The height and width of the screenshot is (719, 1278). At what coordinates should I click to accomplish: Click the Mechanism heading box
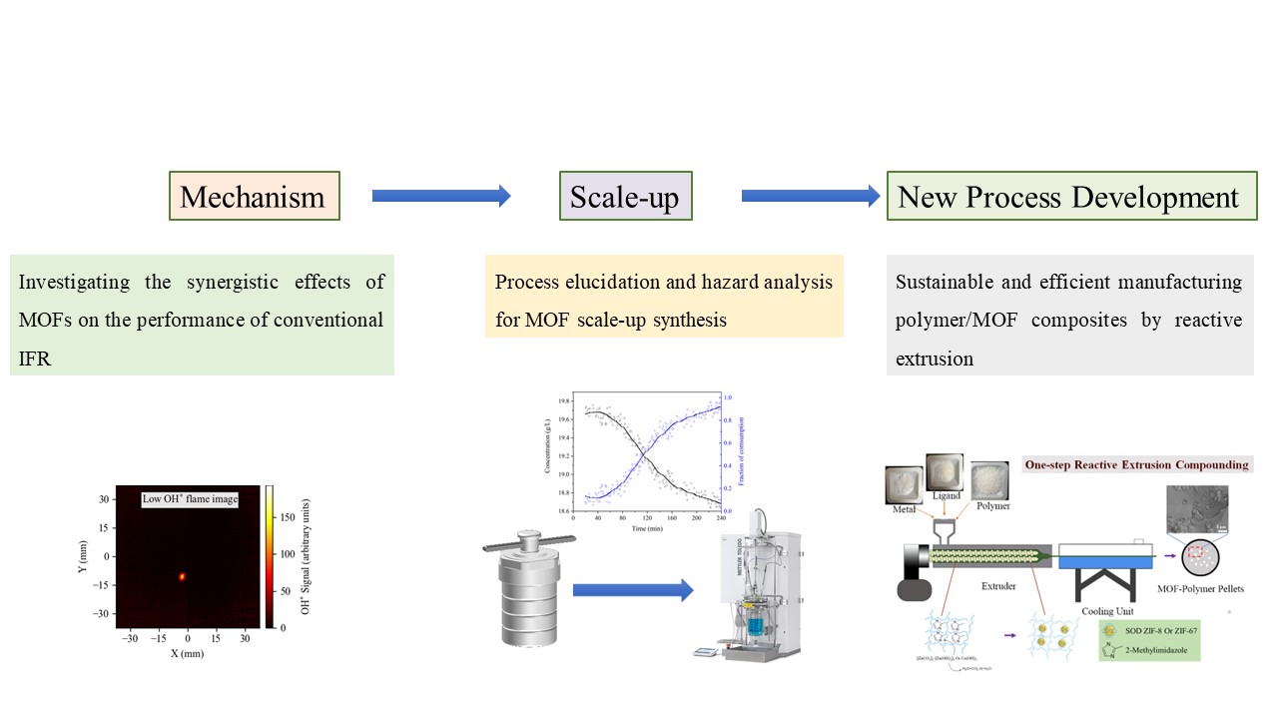coord(255,197)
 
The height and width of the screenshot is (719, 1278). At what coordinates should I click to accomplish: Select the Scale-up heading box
coord(625,197)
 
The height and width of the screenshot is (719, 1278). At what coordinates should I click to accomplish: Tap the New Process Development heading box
coord(1071,197)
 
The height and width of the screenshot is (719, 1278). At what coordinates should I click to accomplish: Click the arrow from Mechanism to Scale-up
coord(440,197)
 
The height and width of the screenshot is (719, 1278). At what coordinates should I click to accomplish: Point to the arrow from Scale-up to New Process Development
coord(810,197)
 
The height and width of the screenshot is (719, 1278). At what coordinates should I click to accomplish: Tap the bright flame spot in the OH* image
coord(183,576)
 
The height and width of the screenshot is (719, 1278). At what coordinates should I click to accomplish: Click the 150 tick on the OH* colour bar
coord(286,517)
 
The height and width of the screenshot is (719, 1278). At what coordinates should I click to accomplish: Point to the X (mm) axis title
coord(187,654)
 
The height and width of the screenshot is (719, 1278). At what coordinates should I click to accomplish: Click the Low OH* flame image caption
coord(190,498)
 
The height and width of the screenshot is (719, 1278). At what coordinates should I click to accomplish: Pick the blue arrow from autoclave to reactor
coord(632,590)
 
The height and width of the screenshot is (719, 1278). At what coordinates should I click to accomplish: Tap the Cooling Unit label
coord(1104,610)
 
